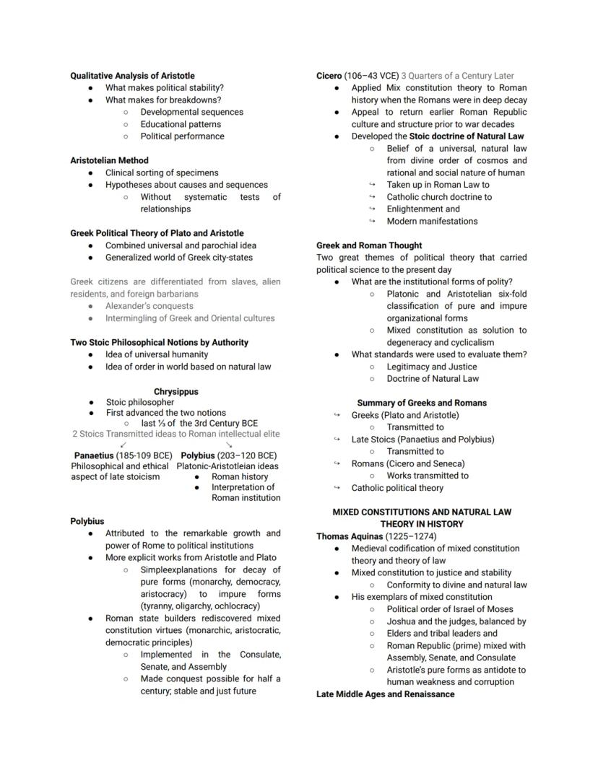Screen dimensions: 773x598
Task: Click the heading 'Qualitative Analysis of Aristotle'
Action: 132,76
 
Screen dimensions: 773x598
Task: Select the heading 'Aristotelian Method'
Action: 109,160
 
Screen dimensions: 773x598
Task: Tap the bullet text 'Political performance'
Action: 182,136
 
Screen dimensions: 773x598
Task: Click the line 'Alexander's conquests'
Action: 149,306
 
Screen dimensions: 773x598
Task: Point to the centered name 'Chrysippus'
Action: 175,392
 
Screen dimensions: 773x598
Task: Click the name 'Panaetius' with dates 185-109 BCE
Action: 94,455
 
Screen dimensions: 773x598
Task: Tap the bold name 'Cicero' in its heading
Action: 329,76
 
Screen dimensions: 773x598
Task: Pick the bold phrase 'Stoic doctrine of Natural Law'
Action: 467,136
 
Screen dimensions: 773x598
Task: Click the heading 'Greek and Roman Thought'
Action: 369,245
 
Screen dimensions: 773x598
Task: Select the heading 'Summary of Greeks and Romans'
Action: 422,403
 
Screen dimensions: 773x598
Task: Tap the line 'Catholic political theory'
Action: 397,488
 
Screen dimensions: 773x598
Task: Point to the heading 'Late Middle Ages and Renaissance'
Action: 386,694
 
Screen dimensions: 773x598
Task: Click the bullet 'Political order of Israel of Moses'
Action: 450,609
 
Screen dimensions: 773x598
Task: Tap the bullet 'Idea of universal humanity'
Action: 157,354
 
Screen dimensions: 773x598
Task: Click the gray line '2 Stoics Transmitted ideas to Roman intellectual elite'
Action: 175,434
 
